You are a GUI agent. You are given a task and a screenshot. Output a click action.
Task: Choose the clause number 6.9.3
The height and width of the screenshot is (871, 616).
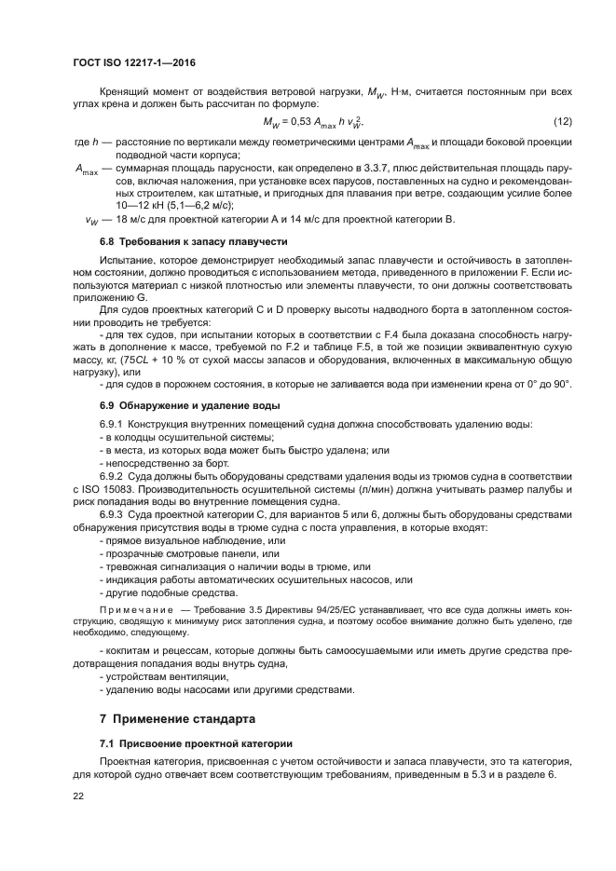click(115, 513)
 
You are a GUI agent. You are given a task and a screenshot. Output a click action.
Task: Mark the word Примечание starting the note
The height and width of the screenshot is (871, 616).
click(136, 605)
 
